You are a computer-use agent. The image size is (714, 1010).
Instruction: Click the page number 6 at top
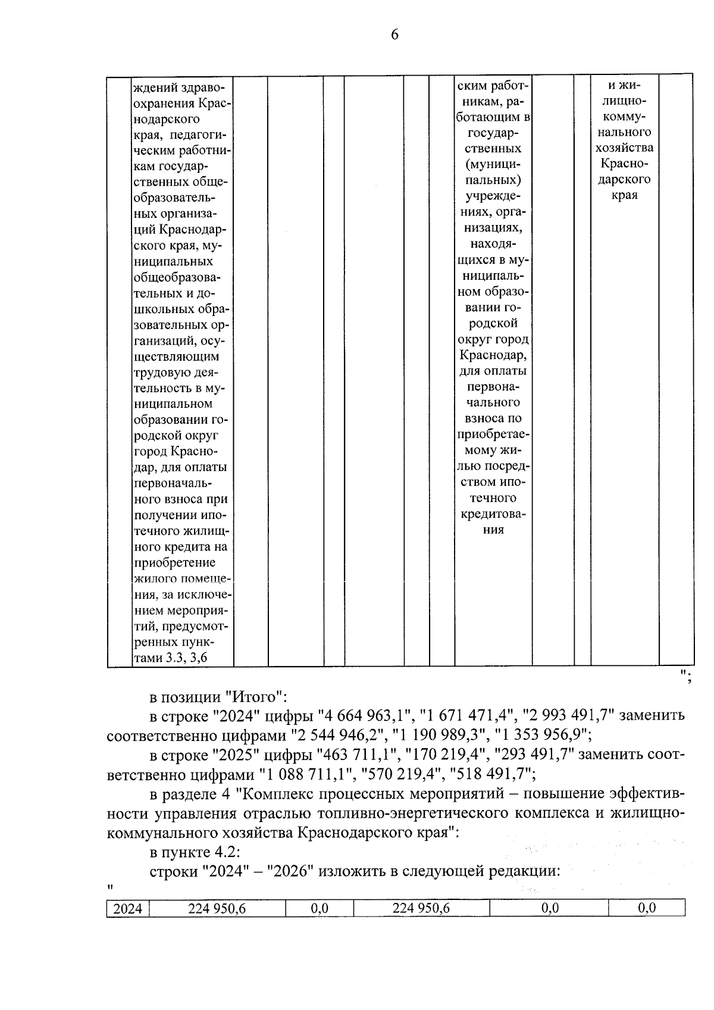[394, 35]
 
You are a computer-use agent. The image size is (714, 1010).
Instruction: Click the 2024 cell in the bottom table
[128, 908]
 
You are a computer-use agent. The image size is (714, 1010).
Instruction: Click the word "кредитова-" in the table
[493, 514]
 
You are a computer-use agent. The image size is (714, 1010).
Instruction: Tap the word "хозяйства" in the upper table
[624, 148]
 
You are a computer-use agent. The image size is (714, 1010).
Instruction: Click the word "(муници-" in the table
[493, 164]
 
